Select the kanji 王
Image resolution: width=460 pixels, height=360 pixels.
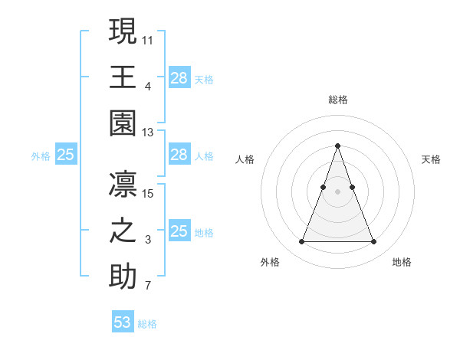[123, 77]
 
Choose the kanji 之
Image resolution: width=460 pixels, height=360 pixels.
[123, 231]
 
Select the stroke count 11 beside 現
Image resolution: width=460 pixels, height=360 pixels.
[148, 39]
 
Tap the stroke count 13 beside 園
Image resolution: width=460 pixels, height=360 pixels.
[148, 133]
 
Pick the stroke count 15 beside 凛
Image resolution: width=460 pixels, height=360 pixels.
[148, 193]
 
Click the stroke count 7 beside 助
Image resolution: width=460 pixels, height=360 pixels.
[148, 286]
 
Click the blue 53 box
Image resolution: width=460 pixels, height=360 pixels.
[123, 322]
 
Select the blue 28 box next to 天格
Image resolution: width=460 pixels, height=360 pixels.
[179, 77]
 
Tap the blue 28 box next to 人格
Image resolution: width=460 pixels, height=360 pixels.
[179, 155]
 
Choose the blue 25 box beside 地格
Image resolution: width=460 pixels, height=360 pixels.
[179, 231]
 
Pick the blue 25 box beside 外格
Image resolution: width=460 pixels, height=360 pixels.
[66, 155]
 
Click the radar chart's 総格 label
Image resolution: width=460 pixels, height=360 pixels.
[337, 100]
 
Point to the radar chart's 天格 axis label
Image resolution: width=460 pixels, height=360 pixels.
[431, 159]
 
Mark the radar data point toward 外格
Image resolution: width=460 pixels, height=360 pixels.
[301, 242]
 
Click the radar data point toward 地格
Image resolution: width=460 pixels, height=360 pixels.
[373, 242]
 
